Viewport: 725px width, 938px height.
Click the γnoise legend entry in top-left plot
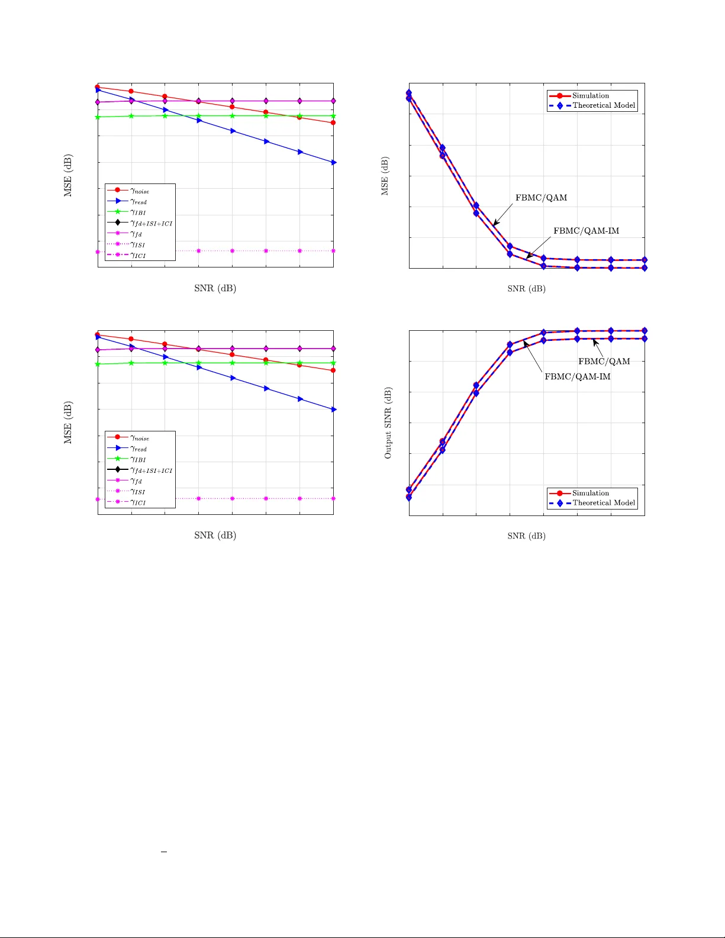click(140, 191)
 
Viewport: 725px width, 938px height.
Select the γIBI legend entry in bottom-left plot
click(138, 459)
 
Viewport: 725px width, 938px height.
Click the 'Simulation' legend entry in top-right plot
click(590, 95)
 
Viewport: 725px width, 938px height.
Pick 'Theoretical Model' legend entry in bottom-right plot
click(603, 503)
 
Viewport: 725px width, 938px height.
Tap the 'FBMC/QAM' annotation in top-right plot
click(541, 198)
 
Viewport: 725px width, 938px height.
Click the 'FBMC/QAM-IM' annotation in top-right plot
click(586, 231)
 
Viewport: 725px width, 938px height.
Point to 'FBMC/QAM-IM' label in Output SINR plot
click(577, 376)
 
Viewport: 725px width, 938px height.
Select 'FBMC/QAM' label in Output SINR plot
click(604, 361)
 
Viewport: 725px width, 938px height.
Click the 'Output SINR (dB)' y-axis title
click(388, 423)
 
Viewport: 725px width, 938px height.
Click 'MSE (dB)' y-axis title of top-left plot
click(68, 175)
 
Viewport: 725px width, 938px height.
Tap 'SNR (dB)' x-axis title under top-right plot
click(526, 289)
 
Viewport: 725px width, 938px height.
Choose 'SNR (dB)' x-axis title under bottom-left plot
click(215, 535)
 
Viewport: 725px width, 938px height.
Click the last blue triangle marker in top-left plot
click(334, 162)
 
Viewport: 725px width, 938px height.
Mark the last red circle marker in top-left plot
click(333, 123)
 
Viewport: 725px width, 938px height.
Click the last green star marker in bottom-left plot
click(333, 363)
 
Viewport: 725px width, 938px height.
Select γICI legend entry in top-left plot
click(138, 255)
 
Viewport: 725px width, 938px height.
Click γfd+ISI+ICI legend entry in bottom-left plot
click(151, 470)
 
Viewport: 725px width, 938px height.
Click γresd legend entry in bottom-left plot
click(138, 449)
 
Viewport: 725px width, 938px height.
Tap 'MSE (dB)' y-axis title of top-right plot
click(385, 176)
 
